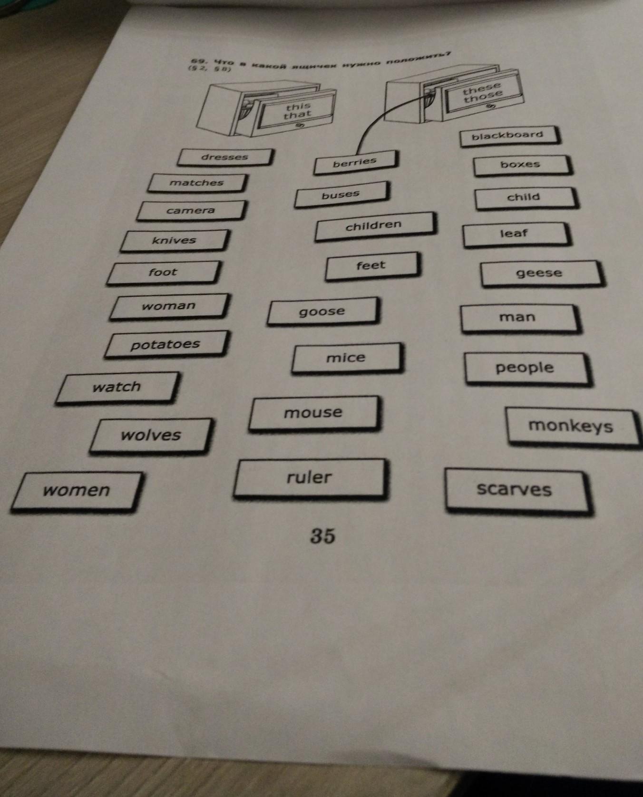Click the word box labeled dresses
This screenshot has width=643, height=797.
coord(225,157)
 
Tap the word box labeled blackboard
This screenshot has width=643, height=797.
coord(508,136)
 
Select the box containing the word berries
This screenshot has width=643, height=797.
coord(355,163)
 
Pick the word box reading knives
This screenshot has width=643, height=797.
coord(175,241)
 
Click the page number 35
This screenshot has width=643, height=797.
coord(323,536)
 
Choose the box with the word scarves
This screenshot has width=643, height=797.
coord(515,490)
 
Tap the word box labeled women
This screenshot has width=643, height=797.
coord(77,491)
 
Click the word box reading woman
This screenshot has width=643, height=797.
coord(169,306)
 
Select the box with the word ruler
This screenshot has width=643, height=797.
coord(309,478)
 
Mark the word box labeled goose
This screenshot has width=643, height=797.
coord(322,311)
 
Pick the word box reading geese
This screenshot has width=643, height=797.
coord(539,273)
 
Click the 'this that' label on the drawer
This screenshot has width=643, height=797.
coord(298,111)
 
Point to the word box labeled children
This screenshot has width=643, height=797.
coord(374,225)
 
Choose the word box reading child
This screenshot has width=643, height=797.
coord(524,197)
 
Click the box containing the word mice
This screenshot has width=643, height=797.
coord(346,358)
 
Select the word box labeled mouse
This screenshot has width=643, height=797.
coord(313,413)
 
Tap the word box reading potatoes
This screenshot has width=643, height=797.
coord(166,344)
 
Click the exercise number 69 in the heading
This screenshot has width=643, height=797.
coord(196,61)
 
